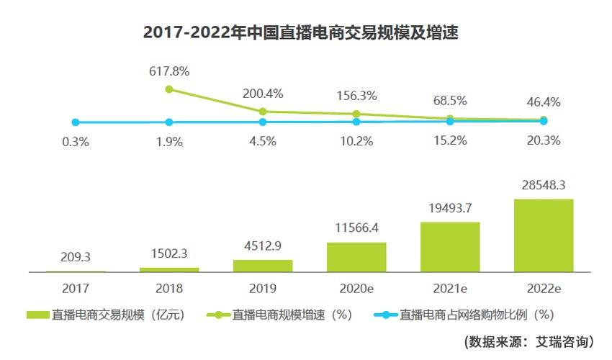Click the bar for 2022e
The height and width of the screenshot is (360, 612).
[544, 235]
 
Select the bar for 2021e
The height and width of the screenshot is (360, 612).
[450, 247]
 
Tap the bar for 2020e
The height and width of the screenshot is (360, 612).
[356, 257]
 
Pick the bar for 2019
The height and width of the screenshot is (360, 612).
[263, 266]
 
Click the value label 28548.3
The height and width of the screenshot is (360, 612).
[544, 186]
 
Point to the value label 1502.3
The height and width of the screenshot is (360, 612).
[169, 253]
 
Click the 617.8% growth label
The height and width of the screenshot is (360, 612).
[169, 71]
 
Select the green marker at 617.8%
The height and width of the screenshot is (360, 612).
[169, 89]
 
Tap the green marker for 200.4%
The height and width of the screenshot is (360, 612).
[263, 112]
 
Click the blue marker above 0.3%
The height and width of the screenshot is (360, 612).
[76, 122]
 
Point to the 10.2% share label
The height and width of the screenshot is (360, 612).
[356, 142]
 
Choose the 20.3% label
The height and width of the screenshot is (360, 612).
[544, 142]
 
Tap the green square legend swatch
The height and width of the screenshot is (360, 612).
[37, 315]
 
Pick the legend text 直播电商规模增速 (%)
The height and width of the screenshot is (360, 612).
[291, 315]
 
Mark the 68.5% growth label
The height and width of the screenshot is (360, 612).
[450, 101]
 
